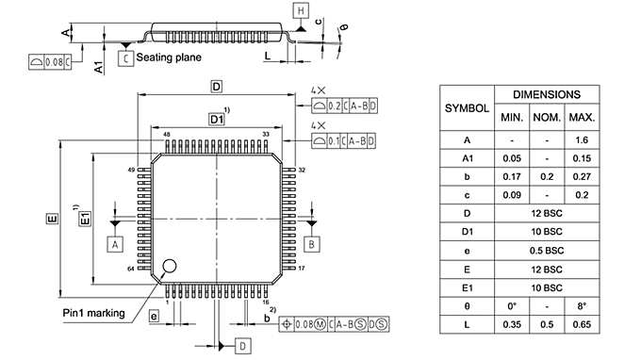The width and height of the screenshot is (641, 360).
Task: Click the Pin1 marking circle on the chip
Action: [x=170, y=266]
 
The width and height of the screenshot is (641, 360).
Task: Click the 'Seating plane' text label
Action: [x=169, y=57]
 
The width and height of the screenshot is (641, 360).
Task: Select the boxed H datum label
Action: [x=301, y=10]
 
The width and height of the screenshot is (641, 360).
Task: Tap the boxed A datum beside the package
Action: [x=116, y=243]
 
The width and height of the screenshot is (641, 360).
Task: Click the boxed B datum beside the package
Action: [x=310, y=243]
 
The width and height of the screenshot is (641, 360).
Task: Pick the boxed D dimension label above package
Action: [x=216, y=87]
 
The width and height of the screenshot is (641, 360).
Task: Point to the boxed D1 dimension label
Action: [x=217, y=120]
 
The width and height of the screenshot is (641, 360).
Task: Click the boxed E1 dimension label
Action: [x=84, y=219]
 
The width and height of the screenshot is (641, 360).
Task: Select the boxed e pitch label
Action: [x=153, y=317]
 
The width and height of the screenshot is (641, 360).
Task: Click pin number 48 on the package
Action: [x=167, y=135]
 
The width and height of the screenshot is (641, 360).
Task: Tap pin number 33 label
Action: [x=267, y=135]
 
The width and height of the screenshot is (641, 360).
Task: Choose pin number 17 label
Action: [x=302, y=270]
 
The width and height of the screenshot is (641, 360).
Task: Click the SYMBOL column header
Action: [x=467, y=107]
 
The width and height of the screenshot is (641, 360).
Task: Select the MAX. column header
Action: [x=582, y=117]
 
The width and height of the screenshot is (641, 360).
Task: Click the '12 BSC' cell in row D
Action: [x=547, y=215]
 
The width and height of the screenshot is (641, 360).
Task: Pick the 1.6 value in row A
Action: [x=582, y=139]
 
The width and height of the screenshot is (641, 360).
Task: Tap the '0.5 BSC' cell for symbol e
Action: [x=547, y=251]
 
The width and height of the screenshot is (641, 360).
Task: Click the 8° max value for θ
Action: [x=582, y=305]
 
